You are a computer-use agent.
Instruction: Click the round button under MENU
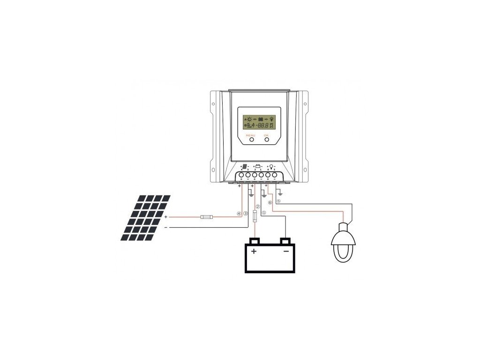[x=251, y=139]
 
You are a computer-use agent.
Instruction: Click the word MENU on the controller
[x=251, y=135]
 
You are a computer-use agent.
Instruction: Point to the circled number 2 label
[x=257, y=207]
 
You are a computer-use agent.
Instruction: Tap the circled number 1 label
[x=263, y=212]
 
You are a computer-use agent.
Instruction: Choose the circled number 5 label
[x=278, y=202]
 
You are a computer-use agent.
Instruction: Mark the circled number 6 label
[x=270, y=202]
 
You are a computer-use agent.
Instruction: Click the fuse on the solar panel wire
[x=207, y=217]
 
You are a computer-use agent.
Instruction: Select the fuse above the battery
[x=255, y=217]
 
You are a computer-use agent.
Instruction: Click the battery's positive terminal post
[x=255, y=241]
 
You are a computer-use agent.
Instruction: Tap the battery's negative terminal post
[x=285, y=241]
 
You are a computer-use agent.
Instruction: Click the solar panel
[x=145, y=217]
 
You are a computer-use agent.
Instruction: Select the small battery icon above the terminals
[x=257, y=166]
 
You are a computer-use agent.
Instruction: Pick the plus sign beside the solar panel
[x=166, y=217]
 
